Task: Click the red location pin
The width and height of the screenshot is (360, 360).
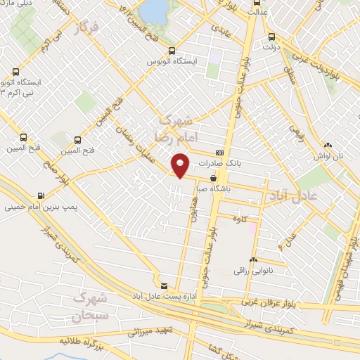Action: pos(181,165)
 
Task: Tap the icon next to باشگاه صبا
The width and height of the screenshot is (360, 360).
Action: pos(213,178)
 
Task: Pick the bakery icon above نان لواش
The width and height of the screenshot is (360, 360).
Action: pos(328,146)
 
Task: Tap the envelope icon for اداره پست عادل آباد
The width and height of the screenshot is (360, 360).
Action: pos(165,285)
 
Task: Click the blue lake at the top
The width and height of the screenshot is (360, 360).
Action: pos(155,10)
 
